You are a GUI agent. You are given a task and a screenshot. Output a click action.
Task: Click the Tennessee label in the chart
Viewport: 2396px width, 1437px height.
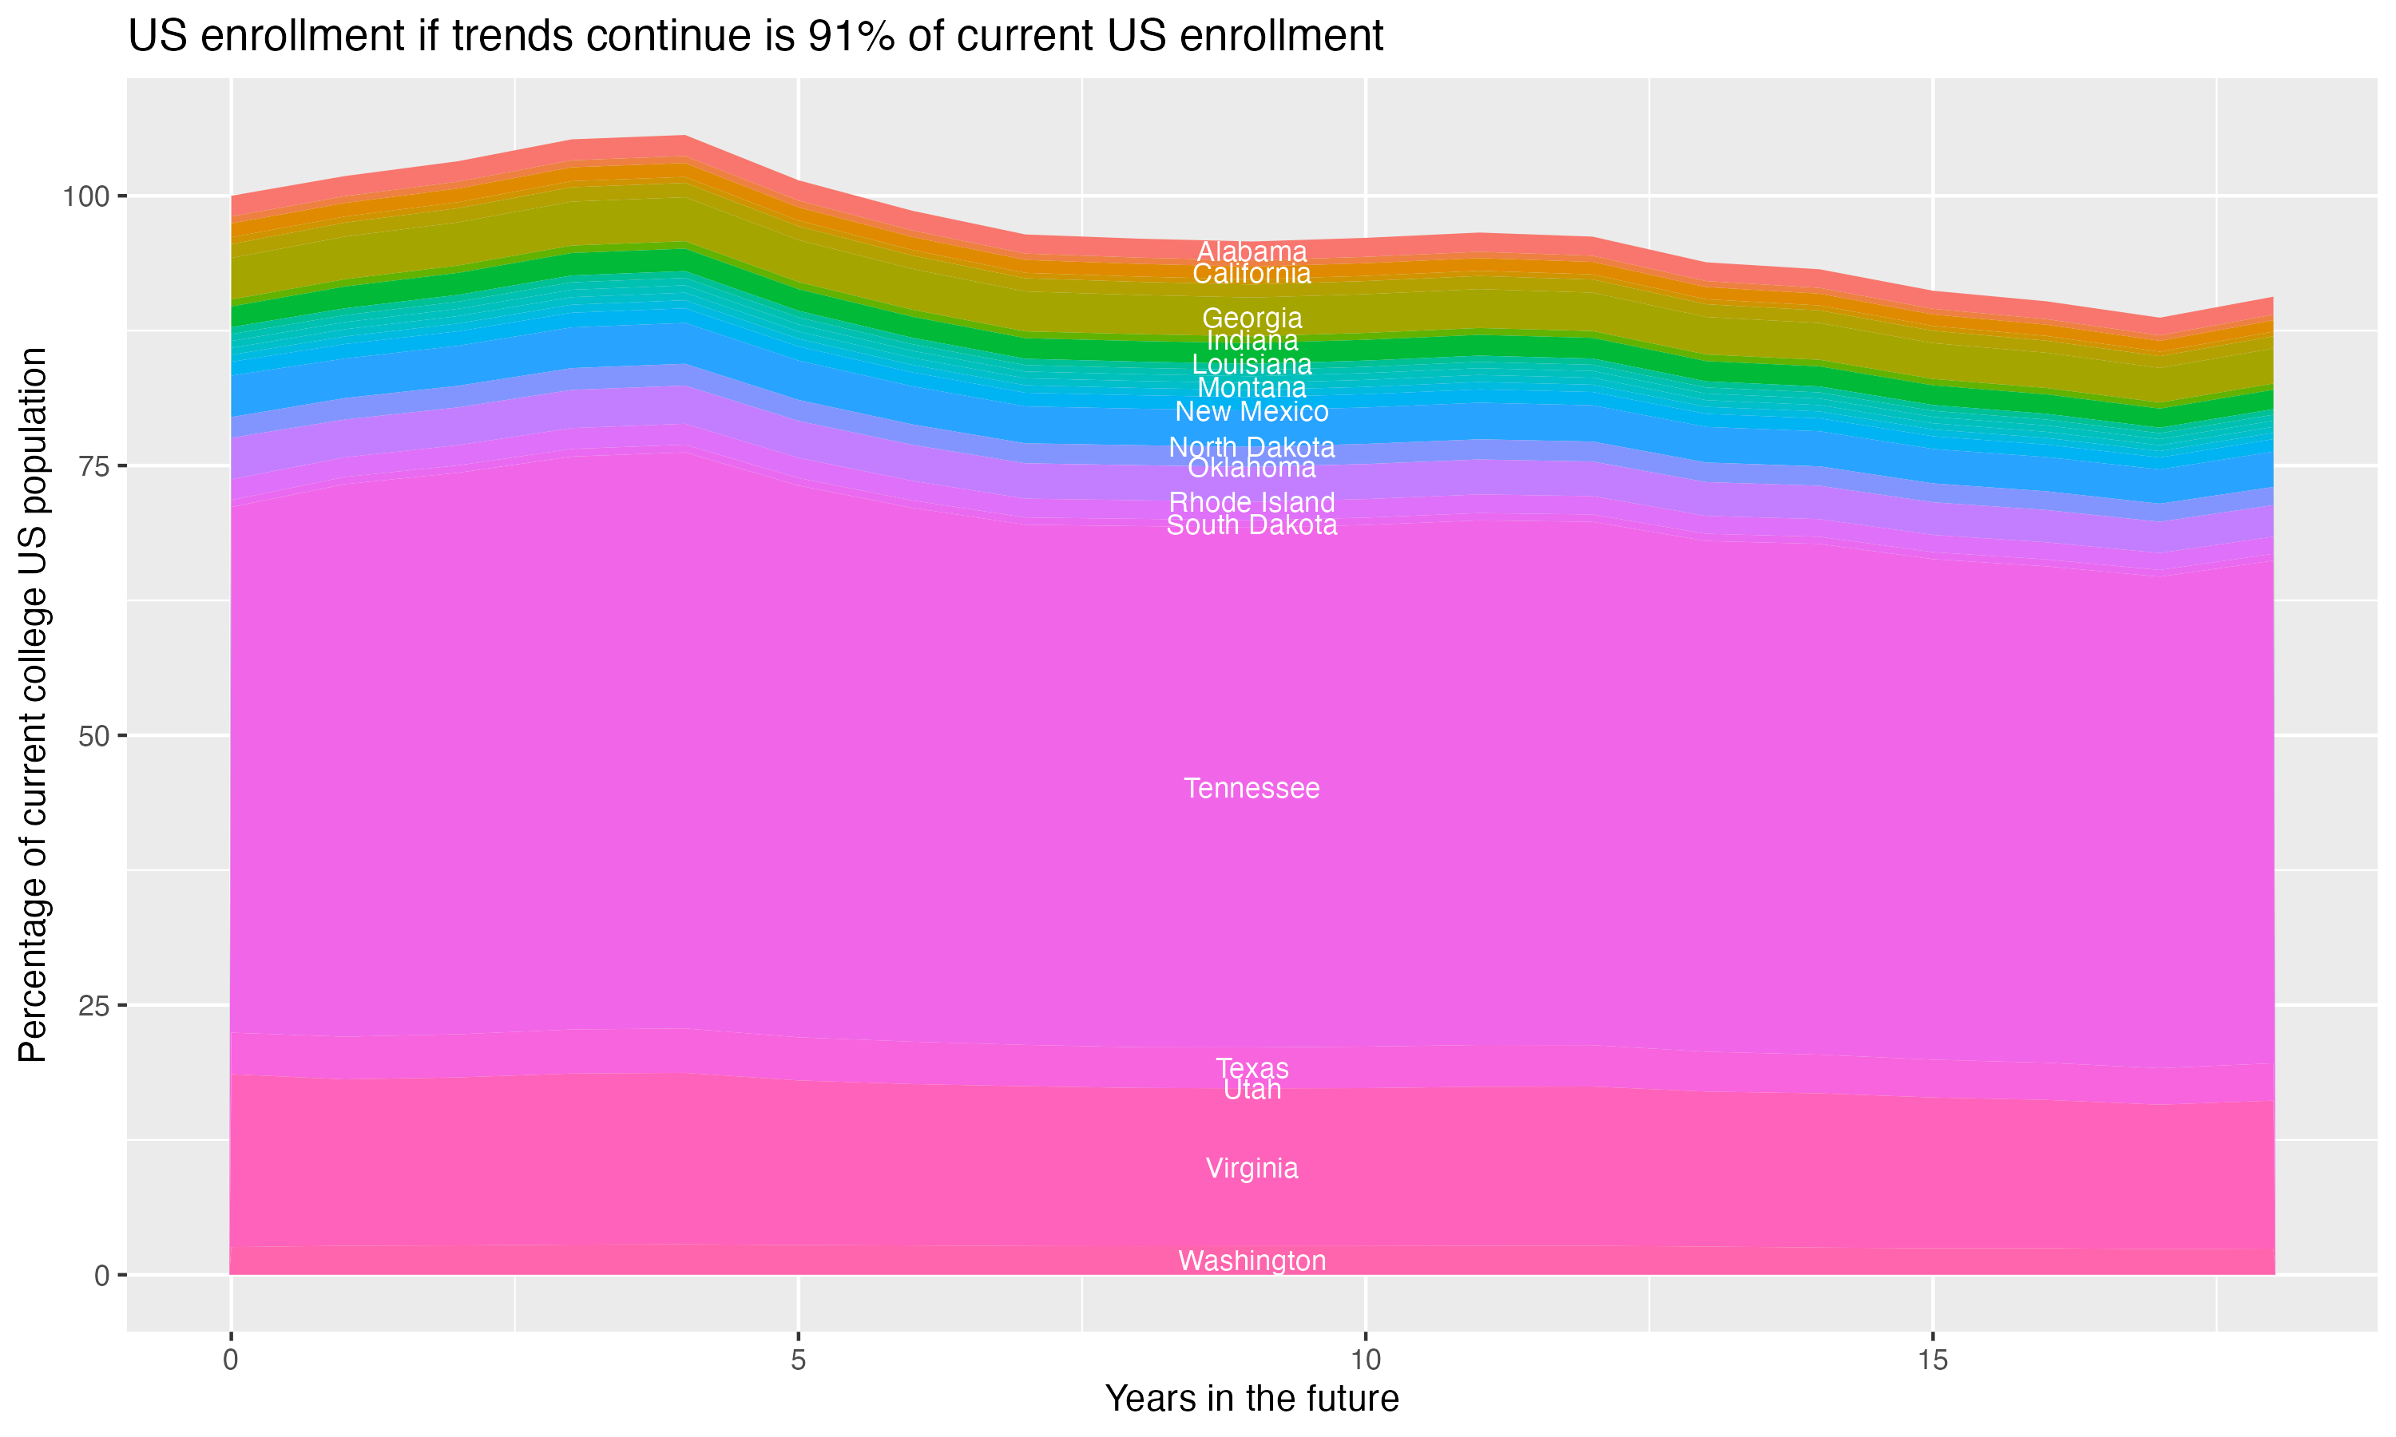1252,788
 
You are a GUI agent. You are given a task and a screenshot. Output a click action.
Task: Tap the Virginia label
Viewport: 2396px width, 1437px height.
1252,1168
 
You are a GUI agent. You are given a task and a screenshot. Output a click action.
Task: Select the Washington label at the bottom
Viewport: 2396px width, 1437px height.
1252,1261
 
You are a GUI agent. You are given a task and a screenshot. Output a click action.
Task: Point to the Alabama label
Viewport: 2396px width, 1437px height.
1252,251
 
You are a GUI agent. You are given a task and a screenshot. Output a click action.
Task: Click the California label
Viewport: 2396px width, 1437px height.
1252,274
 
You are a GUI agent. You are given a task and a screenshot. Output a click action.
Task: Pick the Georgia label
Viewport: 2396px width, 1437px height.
1252,318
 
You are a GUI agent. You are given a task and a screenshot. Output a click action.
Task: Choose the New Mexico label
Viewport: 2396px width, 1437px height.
1252,411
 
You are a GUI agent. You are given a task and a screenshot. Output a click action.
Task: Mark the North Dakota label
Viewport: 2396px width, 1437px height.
1252,447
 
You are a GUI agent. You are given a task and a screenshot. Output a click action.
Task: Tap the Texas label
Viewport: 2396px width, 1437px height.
1252,1068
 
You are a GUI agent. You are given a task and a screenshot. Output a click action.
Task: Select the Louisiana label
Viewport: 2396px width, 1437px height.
1252,365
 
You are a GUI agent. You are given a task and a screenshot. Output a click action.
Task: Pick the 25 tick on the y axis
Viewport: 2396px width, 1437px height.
91,1006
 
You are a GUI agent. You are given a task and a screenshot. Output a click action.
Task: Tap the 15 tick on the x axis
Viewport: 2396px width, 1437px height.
1932,1360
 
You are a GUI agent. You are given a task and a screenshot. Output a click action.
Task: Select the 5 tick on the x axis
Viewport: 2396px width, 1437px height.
798,1360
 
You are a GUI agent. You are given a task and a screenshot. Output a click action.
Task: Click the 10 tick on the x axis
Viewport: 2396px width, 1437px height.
1365,1360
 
